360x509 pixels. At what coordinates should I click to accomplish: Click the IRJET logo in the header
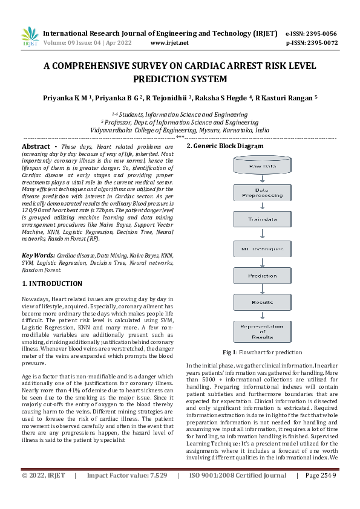point(30,37)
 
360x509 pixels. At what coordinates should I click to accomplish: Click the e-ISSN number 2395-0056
point(322,34)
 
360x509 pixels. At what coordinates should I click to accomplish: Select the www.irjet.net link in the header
point(169,43)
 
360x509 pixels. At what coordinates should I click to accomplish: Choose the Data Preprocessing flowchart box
point(262,193)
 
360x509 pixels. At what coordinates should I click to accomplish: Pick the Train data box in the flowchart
point(262,221)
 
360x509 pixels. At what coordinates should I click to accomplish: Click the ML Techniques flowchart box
point(262,248)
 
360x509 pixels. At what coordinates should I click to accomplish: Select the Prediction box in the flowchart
point(262,276)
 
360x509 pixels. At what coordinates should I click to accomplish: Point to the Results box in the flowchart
point(262,302)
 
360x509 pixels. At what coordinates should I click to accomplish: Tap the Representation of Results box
point(262,332)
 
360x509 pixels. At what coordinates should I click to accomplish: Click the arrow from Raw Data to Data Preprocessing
point(262,179)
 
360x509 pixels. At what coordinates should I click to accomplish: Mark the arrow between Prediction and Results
point(262,289)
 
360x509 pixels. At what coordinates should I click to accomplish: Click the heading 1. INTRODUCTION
point(52,284)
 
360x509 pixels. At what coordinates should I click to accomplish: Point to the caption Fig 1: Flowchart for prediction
point(262,352)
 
